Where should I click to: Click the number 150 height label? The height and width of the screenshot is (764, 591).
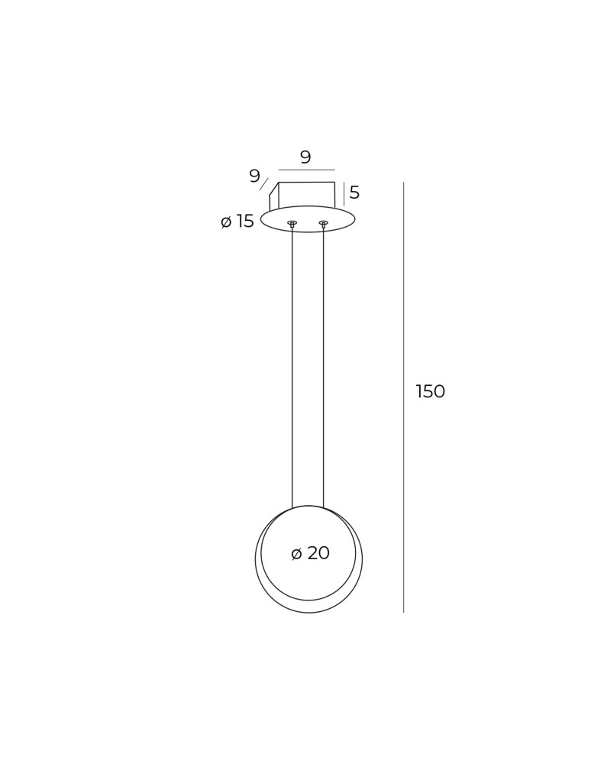click(431, 391)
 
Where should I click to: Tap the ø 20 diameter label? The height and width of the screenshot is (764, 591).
click(310, 553)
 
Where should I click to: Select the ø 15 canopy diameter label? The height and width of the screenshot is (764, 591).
click(237, 222)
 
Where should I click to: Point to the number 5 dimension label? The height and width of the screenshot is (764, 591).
click(354, 193)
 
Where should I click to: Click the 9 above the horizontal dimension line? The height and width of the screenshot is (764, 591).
click(305, 157)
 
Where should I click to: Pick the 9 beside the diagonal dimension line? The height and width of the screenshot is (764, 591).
click(254, 176)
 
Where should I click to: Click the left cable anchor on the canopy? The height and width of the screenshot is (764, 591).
click(292, 224)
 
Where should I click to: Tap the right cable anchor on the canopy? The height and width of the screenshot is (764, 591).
click(323, 224)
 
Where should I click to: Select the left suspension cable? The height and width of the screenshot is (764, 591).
click(292, 368)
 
